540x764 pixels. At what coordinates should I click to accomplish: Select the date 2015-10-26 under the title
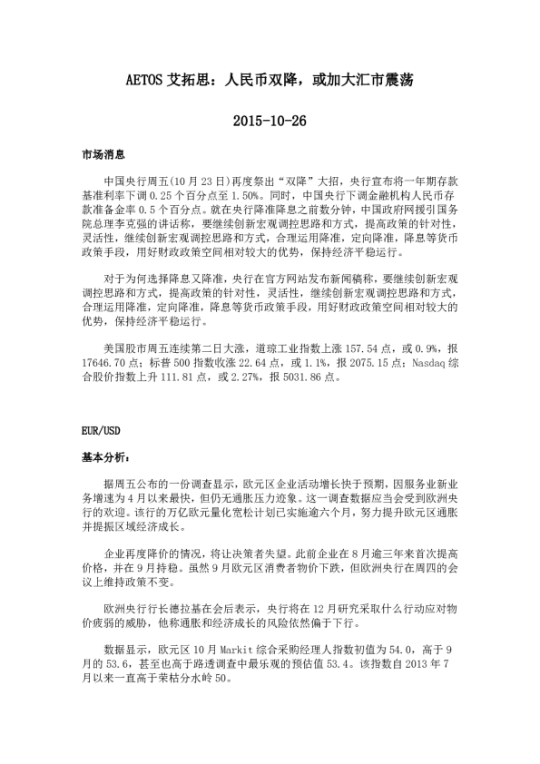[x=270, y=120]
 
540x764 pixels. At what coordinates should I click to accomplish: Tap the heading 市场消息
[x=103, y=156]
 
